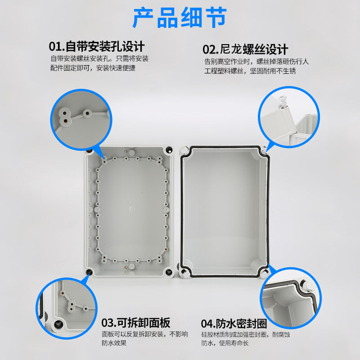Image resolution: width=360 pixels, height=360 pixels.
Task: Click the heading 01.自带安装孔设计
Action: (x=97, y=47)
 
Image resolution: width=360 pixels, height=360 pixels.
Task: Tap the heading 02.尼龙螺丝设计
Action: (x=245, y=49)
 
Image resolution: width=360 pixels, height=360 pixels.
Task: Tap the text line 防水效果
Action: (x=114, y=343)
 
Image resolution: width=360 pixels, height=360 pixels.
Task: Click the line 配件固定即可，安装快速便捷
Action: (x=93, y=68)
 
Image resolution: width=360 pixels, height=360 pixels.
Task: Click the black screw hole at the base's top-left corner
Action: (x=90, y=150)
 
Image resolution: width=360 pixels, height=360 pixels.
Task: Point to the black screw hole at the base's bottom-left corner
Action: (x=90, y=271)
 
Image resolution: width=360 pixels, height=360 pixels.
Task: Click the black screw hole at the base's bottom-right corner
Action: (x=169, y=271)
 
